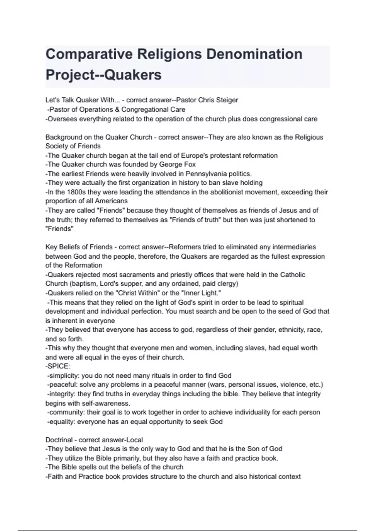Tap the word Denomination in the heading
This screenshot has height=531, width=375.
point(254,54)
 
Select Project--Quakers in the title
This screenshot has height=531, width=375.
point(103,75)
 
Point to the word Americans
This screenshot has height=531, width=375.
point(111,201)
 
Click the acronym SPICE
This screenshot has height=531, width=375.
point(59,366)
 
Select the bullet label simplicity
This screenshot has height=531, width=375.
point(64,375)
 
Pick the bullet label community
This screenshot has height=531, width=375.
point(66,412)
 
